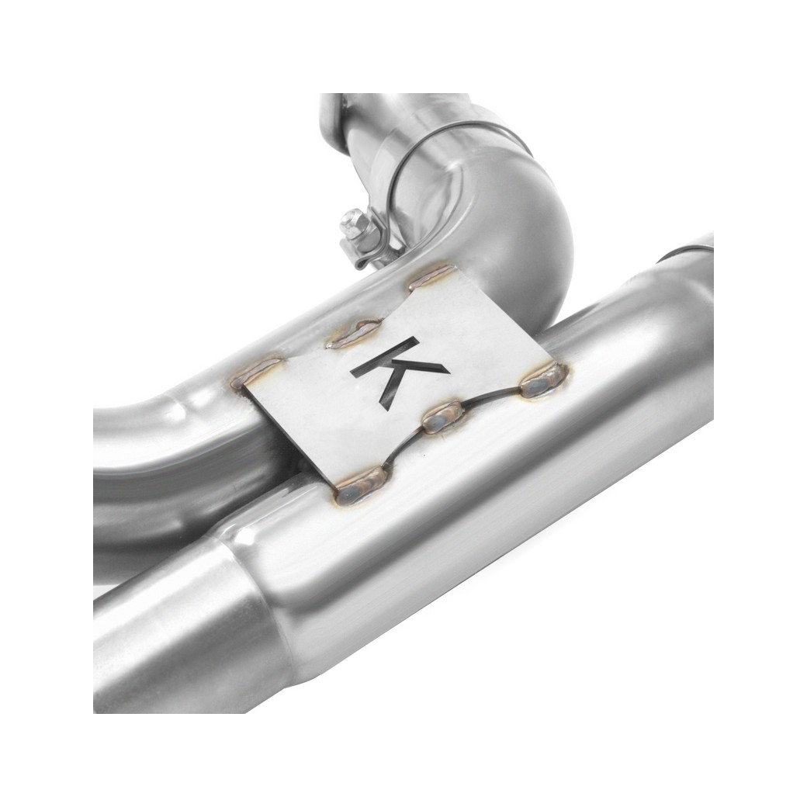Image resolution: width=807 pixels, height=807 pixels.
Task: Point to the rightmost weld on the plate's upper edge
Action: (x=431, y=277)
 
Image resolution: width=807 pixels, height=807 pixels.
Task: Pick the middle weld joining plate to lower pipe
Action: (x=442, y=417)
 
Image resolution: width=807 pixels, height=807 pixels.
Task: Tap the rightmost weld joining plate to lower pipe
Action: (x=543, y=379)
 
